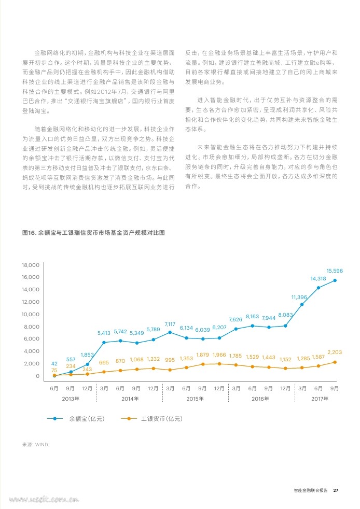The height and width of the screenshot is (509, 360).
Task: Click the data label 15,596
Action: tap(335, 271)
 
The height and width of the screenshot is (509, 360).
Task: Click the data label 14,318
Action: tap(318, 278)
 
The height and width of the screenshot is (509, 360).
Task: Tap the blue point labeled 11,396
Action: tap(302, 304)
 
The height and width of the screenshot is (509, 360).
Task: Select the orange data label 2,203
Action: tap(335, 352)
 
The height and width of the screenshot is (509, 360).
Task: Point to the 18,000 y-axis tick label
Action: tap(31, 265)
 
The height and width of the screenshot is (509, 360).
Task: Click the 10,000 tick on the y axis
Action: tap(31, 314)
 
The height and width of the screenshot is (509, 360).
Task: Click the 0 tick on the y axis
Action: tap(38, 376)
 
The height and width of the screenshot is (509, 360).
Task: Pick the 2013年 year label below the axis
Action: tap(71, 399)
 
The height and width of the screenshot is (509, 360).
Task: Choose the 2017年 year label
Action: tap(320, 399)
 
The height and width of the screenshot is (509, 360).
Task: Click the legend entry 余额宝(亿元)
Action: tap(87, 419)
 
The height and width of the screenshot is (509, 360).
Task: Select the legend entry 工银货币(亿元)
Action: tap(162, 419)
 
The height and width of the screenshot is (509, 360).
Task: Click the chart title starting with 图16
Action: tap(93, 233)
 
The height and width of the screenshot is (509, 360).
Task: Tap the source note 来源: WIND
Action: tap(35, 444)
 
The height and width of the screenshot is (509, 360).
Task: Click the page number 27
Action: tap(336, 490)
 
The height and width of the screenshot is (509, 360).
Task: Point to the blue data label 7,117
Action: tap(170, 324)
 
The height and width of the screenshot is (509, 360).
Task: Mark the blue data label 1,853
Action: tap(87, 355)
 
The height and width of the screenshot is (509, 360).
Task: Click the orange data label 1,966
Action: tap(219, 355)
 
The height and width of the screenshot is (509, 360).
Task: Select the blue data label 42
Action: tap(54, 363)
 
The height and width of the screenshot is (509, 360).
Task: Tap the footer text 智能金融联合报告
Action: tap(311, 490)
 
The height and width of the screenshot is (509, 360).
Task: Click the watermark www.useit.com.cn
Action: tap(44, 499)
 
